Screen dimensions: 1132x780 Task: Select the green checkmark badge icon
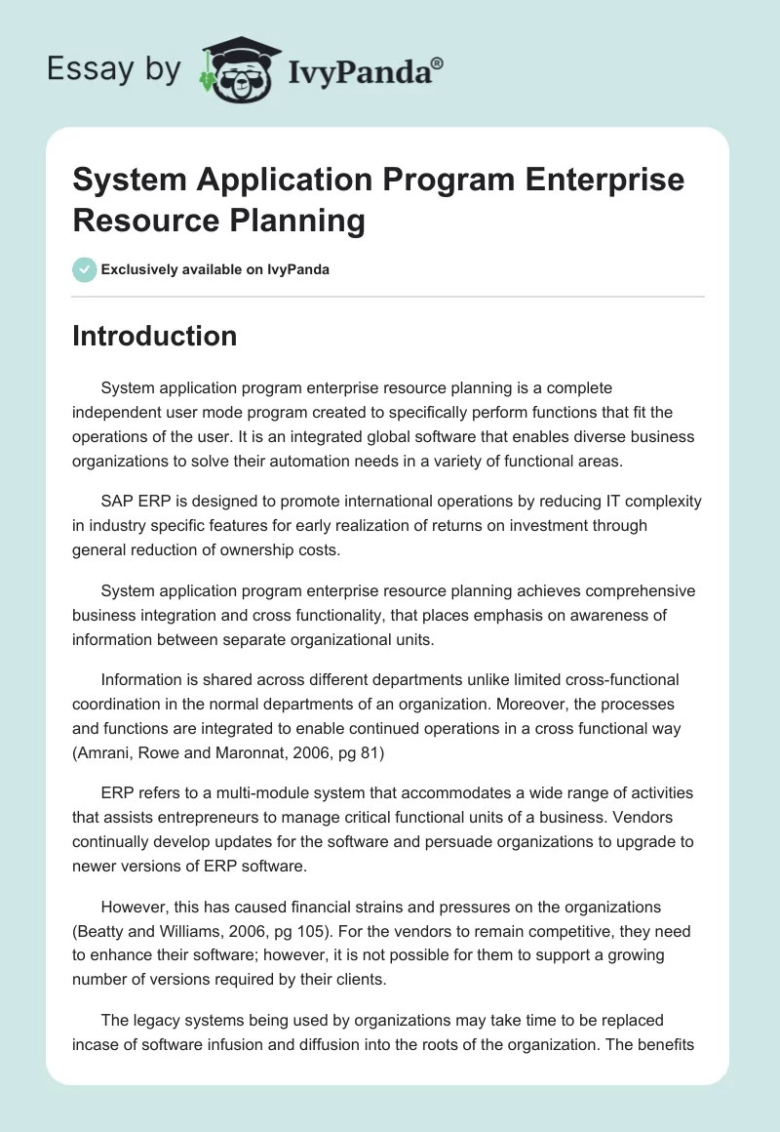[x=85, y=269]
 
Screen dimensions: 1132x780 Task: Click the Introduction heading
[x=154, y=336]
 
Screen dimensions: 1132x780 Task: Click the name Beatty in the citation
[x=104, y=898]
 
